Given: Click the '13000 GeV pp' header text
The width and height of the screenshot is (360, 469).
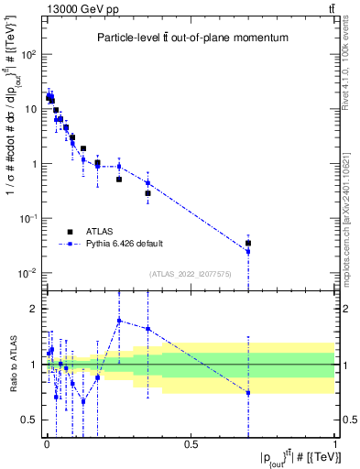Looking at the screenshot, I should [71, 8].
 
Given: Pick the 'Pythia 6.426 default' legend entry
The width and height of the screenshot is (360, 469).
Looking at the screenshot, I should [123, 244].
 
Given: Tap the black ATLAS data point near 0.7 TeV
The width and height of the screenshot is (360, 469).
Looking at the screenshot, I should [248, 244].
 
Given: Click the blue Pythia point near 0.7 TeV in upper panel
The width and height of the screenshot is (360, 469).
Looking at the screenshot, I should [248, 251].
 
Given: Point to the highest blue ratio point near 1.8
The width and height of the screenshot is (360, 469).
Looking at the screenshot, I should [119, 320].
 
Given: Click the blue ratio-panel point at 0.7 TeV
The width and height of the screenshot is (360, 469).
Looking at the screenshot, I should [248, 393].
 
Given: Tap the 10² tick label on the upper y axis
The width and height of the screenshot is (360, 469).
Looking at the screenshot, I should [29, 54].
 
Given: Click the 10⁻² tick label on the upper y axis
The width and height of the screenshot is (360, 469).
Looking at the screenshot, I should [29, 274].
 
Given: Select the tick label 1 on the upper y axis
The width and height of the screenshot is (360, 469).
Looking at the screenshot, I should [33, 164].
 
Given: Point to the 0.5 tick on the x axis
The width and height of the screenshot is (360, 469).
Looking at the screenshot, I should [191, 447].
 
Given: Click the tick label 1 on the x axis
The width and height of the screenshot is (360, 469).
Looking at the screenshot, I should [335, 447].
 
